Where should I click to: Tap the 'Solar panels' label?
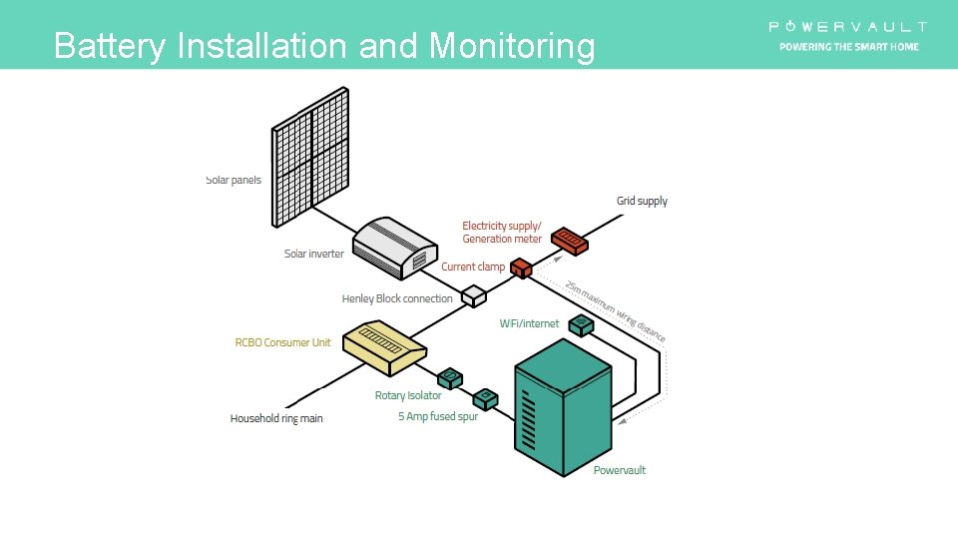click(234, 181)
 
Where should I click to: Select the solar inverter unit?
click(396, 247)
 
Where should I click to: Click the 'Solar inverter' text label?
click(314, 254)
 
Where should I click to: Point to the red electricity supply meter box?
click(570, 240)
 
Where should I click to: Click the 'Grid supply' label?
click(642, 202)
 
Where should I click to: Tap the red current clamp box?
click(521, 268)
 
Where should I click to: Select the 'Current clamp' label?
click(473, 268)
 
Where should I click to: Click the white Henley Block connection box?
click(472, 295)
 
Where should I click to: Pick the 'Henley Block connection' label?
click(397, 298)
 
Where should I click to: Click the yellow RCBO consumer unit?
click(384, 343)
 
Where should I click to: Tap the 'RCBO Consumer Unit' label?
click(282, 343)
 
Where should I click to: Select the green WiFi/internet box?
click(581, 324)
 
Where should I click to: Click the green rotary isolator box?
click(450, 377)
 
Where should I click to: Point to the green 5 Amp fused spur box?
click(485, 398)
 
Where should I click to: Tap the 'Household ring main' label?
click(276, 418)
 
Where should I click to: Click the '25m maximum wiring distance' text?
click(615, 311)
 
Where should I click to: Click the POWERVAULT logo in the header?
click(848, 27)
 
